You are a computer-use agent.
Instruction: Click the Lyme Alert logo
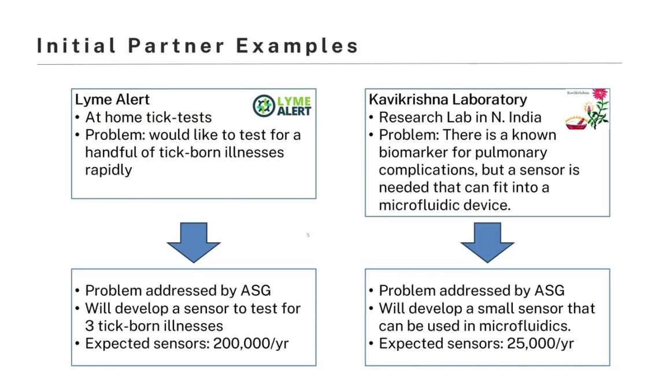coord(282,106)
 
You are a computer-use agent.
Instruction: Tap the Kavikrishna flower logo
coord(588,109)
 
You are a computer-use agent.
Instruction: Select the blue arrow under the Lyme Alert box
coord(194,242)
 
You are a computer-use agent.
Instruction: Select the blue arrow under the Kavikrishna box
coord(487,242)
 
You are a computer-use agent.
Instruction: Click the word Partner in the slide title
coord(176,46)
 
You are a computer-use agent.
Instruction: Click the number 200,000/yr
coord(251,343)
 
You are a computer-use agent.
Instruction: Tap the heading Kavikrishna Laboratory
coord(448,99)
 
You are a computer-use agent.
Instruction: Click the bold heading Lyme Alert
coord(112,99)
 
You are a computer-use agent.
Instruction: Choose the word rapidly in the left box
coord(108,170)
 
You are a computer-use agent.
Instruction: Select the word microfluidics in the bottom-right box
coord(531,326)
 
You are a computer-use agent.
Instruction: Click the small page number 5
coord(308,235)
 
